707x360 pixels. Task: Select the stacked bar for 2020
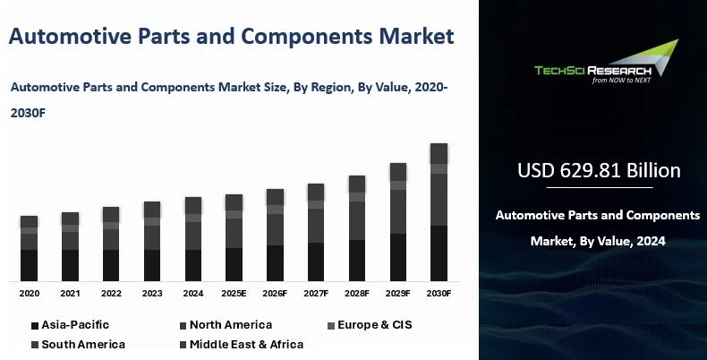(29, 248)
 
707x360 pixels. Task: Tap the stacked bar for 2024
(192, 239)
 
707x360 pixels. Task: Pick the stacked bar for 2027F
(316, 233)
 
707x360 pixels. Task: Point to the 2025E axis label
(234, 293)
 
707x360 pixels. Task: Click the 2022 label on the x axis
(111, 293)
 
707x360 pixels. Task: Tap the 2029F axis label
(397, 293)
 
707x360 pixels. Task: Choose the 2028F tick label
(357, 293)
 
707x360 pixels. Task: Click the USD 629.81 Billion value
(599, 170)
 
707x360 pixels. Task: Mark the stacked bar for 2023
(152, 241)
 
